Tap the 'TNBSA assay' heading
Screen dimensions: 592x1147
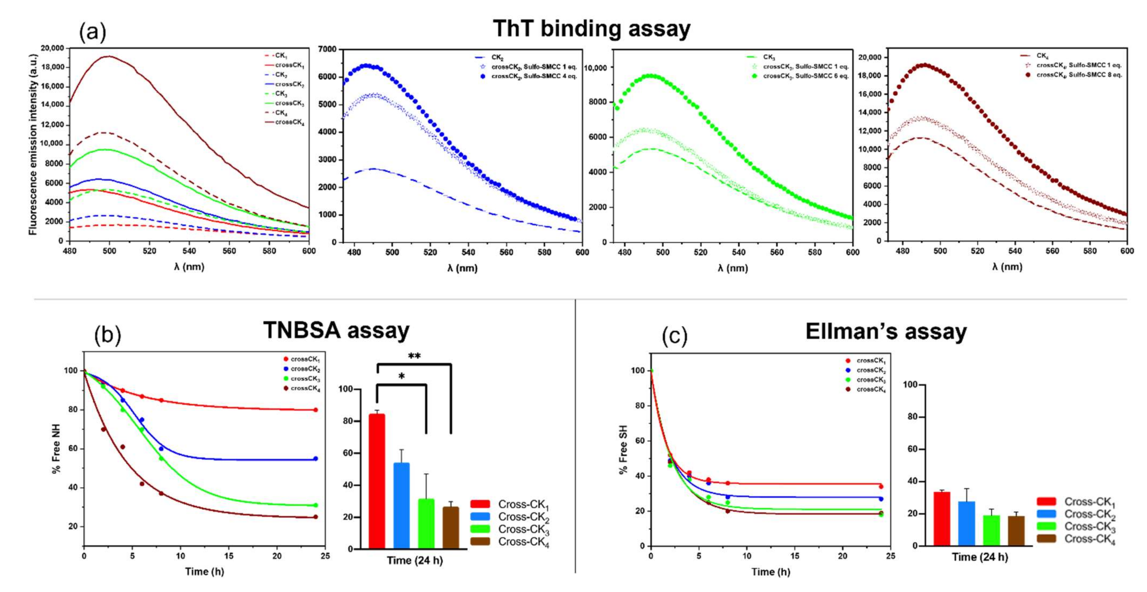tap(336, 330)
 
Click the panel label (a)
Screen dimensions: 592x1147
tap(93, 32)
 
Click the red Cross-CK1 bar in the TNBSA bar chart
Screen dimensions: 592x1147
tap(377, 481)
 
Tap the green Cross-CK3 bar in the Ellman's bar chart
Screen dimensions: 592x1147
tap(991, 530)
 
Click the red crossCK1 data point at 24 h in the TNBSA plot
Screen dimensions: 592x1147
tap(315, 410)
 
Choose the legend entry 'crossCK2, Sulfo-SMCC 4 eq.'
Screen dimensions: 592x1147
tap(534, 76)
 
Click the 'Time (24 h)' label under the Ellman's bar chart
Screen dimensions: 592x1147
tap(980, 557)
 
